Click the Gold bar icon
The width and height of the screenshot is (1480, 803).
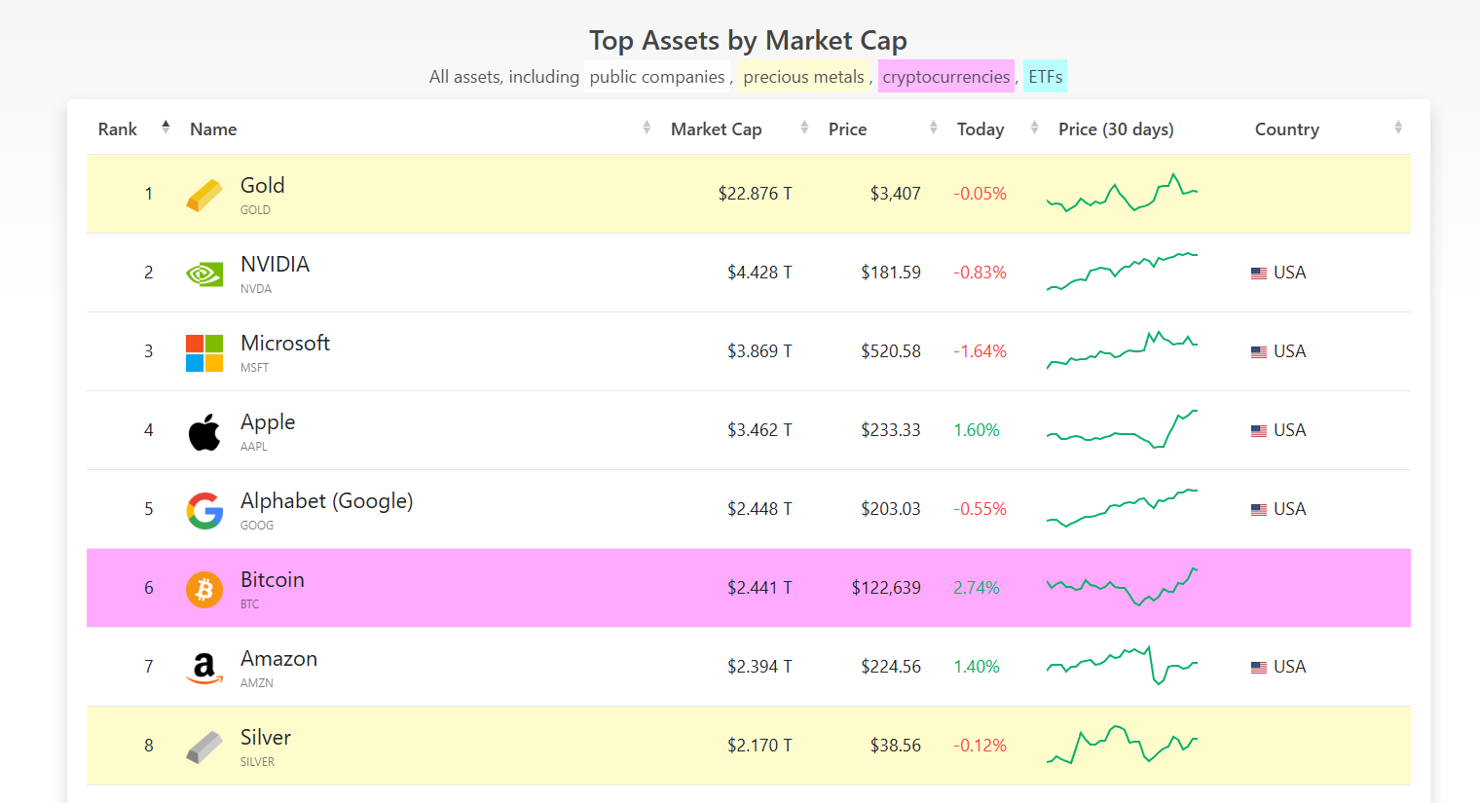(x=204, y=195)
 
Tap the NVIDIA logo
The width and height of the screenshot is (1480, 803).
(x=204, y=274)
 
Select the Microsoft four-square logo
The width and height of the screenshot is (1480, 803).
(x=204, y=352)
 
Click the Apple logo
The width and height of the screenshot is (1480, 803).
(x=204, y=431)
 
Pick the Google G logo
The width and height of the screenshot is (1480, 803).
(x=204, y=510)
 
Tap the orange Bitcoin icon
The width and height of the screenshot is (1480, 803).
(x=204, y=589)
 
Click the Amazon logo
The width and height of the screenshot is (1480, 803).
(x=204, y=668)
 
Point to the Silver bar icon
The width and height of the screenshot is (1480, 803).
(x=204, y=747)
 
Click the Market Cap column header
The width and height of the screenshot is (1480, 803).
(x=716, y=129)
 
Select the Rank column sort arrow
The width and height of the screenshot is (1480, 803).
(x=166, y=128)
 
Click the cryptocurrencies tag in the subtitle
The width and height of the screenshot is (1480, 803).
(x=945, y=77)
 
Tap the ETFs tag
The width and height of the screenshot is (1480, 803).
(x=1045, y=77)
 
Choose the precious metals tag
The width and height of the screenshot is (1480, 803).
(x=803, y=77)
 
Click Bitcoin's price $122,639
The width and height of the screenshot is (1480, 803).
(x=886, y=588)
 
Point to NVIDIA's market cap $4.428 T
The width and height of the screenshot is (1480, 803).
(x=759, y=273)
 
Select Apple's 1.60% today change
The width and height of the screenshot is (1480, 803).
(x=977, y=430)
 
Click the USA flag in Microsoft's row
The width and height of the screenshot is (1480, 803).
(x=1259, y=352)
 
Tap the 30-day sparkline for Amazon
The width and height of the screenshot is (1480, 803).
(x=1122, y=666)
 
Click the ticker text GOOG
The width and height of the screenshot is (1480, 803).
(x=257, y=526)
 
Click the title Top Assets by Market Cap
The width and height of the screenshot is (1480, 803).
(x=748, y=41)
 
